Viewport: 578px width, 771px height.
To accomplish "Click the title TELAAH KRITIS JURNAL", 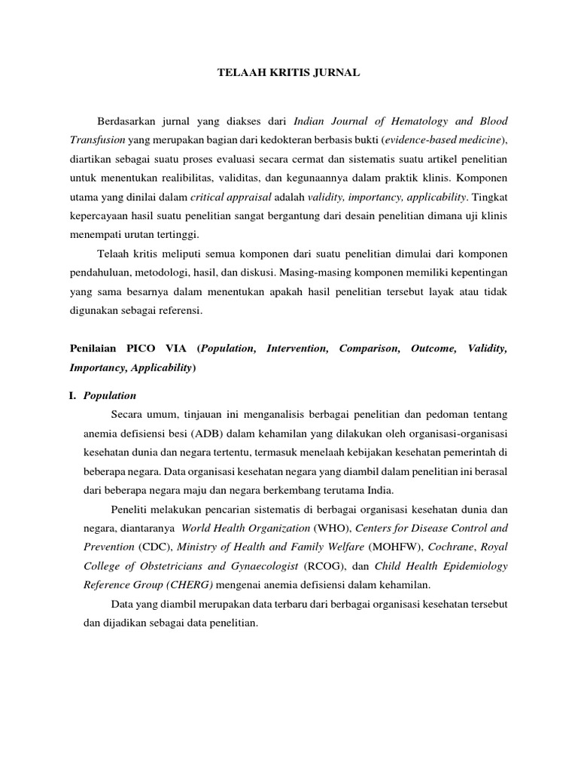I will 288,72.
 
